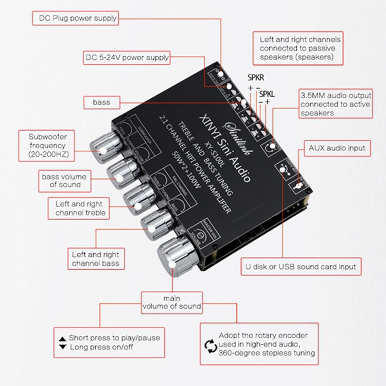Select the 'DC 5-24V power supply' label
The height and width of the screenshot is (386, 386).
point(127,58)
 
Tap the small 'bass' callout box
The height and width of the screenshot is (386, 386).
point(101,102)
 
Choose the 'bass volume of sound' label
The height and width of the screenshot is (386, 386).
point(65,181)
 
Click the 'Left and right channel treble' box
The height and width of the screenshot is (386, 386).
point(80,208)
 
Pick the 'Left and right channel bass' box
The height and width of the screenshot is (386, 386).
point(96,259)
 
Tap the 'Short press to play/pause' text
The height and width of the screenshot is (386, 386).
point(114,338)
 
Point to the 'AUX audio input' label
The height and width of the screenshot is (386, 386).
point(337,148)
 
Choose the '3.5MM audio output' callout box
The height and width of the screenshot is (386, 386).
point(336,104)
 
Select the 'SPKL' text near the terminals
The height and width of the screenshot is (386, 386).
point(267,94)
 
